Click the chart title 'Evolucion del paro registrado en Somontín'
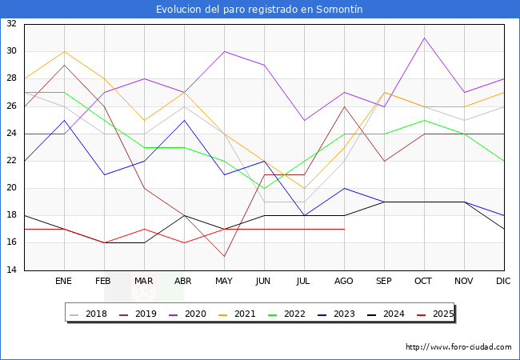(259, 10)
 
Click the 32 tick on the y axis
(12, 24)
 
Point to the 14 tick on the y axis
(12, 270)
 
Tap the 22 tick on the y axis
(12, 161)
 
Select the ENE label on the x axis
(64, 282)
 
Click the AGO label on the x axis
(344, 282)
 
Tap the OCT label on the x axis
(424, 282)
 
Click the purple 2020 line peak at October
(424, 38)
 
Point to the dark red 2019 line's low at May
(224, 257)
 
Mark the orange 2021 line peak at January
(64, 51)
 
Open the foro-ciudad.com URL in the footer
(458, 347)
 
